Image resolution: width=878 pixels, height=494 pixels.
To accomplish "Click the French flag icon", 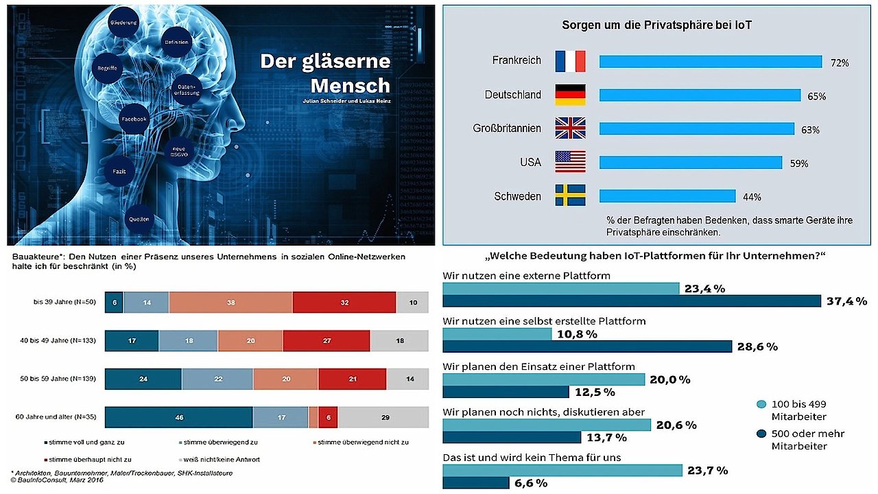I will [x=570, y=61].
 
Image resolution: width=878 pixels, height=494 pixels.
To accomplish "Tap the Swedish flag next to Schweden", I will [x=570, y=196].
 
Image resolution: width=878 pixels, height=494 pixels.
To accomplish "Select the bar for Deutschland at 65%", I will [x=700, y=95].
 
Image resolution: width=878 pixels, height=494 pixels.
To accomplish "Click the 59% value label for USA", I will [x=799, y=164].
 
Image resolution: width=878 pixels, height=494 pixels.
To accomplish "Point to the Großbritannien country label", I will [x=507, y=128].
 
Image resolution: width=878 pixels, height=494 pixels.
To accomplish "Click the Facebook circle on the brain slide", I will [x=134, y=119].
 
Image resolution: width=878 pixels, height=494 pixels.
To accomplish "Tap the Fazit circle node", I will [x=119, y=169].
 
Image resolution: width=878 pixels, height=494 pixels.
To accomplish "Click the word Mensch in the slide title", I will [x=350, y=86].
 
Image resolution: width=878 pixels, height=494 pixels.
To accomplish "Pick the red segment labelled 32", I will [x=344, y=302].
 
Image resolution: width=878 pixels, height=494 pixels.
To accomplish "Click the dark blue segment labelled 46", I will [x=178, y=416].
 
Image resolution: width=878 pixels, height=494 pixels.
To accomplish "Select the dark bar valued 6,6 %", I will [x=475, y=483].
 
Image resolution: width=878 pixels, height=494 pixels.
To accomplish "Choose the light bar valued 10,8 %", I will [x=497, y=334].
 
